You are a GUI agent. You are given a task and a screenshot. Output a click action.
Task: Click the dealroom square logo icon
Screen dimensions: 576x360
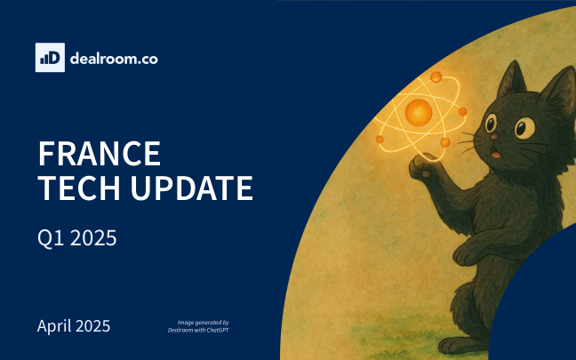50,57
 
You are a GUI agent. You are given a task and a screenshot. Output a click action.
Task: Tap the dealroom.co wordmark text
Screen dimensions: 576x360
114,59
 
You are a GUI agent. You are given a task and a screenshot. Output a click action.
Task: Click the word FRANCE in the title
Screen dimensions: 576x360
100,154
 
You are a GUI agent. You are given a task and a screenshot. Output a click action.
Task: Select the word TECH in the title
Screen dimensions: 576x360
79,188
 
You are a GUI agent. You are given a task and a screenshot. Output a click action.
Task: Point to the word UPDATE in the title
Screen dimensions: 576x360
192,188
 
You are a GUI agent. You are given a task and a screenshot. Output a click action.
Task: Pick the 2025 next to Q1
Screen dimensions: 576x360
93,238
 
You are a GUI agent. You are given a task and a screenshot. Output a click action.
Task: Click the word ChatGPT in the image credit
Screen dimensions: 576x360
218,331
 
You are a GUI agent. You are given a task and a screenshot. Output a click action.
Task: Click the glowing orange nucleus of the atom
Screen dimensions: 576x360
419,112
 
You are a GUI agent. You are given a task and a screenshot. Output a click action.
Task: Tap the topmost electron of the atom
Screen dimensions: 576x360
436,76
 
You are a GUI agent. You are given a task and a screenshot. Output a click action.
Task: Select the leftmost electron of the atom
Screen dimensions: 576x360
380,140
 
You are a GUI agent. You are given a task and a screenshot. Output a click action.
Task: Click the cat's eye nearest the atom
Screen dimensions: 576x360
491,123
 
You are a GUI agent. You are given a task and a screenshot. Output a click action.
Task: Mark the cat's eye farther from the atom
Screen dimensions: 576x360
524,127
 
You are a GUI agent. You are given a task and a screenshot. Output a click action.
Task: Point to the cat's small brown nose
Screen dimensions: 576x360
495,137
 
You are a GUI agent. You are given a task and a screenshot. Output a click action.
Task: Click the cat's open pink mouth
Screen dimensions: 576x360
496,155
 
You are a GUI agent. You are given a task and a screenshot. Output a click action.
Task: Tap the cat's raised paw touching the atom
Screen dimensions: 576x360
422,167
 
